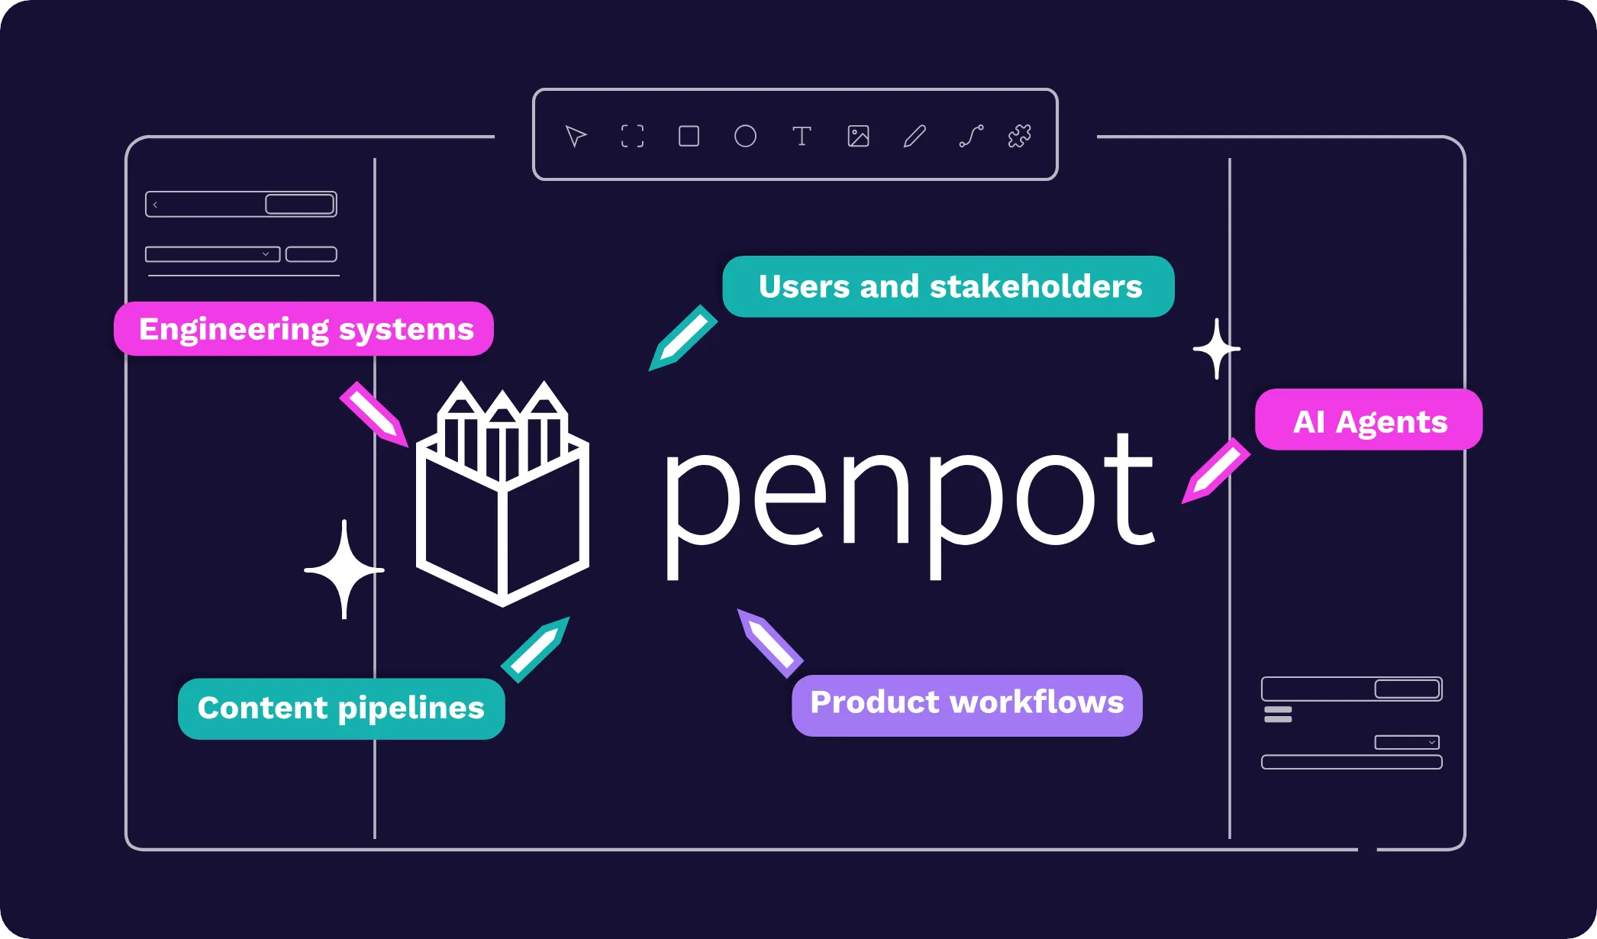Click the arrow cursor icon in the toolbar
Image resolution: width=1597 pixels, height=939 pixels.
pos(576,136)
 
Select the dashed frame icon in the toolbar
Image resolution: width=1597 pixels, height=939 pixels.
pos(632,136)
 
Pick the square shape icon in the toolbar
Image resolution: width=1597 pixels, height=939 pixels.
pos(689,136)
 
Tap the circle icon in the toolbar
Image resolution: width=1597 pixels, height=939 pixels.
pos(745,136)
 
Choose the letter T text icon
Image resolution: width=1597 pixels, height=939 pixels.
pos(802,136)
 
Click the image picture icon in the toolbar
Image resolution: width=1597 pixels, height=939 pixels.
pos(858,136)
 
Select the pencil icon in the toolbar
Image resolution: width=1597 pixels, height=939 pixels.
pos(915,136)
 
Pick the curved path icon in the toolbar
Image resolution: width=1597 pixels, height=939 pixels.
pos(971,136)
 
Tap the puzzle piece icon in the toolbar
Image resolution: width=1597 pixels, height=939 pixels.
pos(1019,136)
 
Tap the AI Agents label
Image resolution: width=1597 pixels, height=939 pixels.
pos(1369,420)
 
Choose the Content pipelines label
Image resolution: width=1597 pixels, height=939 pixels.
pos(341,708)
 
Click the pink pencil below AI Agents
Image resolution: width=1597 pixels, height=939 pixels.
pos(1216,470)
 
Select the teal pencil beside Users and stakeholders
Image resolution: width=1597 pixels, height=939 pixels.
pos(682,338)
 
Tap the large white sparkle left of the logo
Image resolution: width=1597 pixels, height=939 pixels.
pos(344,570)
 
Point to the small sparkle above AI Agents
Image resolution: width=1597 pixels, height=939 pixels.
pos(1217,349)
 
